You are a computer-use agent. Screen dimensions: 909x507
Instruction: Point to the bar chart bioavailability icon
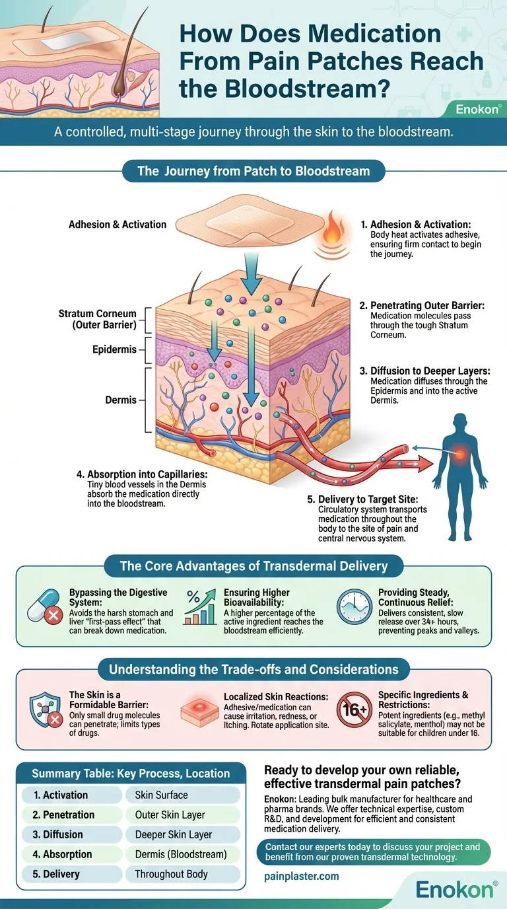point(202,606)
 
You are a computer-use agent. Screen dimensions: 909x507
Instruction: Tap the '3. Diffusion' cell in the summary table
point(65,834)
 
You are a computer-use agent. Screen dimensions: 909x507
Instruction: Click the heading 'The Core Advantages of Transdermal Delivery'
point(253,566)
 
